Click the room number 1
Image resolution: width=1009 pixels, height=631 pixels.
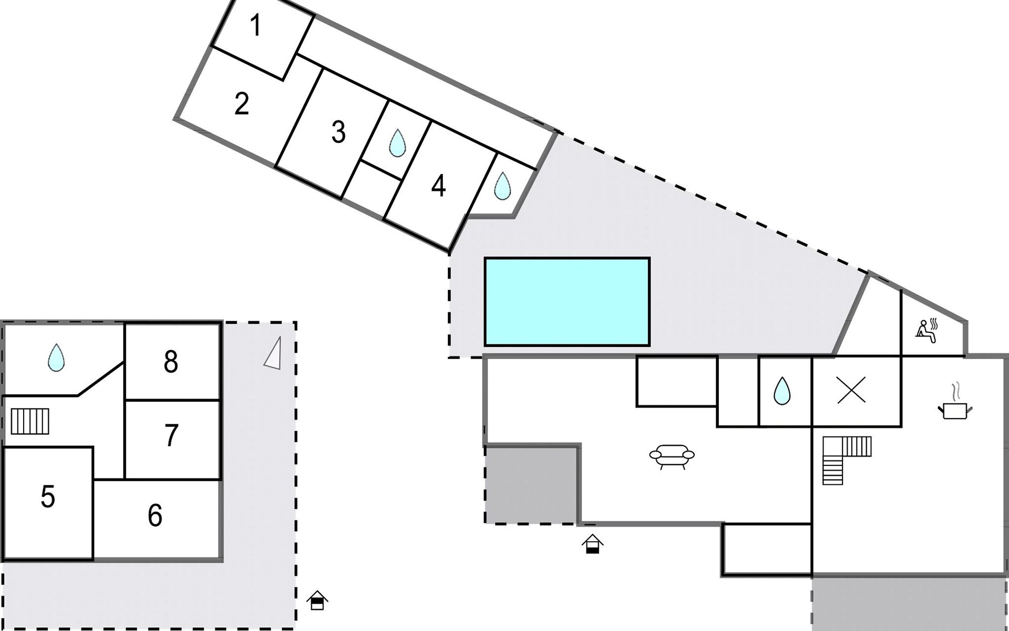click(x=256, y=26)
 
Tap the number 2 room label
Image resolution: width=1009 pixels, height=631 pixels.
click(x=241, y=104)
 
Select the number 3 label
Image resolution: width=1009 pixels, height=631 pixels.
click(x=338, y=132)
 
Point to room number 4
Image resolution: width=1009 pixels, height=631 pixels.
click(x=438, y=186)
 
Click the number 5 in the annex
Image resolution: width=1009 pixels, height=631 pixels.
click(x=48, y=496)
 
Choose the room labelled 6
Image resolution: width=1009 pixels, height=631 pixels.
click(x=155, y=515)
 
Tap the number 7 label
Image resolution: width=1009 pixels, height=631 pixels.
click(x=171, y=435)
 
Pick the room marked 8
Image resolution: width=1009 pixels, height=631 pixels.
click(x=171, y=362)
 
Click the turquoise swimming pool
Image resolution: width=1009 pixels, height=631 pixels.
click(x=567, y=301)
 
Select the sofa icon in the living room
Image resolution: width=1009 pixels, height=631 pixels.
click(x=672, y=455)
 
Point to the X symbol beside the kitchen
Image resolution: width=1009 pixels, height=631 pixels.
click(x=851, y=391)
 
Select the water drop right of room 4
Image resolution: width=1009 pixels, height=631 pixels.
click(x=502, y=186)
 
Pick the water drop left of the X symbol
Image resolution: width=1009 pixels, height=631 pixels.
click(x=782, y=391)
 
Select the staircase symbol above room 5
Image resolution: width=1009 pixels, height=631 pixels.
click(x=30, y=421)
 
